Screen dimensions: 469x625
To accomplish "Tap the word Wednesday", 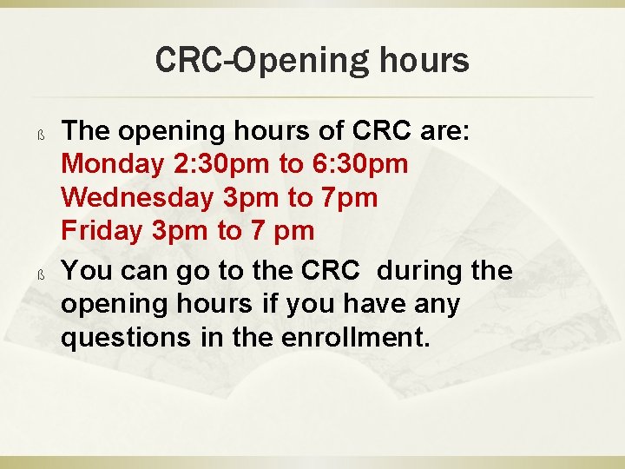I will point(136,198).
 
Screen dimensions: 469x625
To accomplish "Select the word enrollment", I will point(356,338).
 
